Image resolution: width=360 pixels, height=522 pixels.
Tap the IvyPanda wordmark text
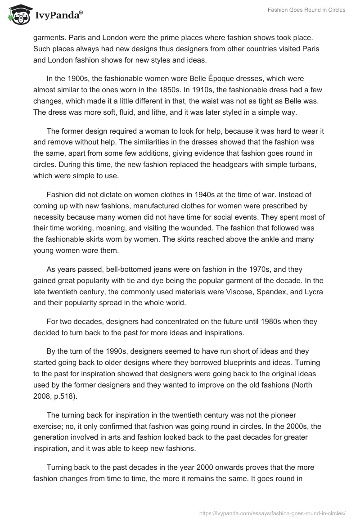click(57, 15)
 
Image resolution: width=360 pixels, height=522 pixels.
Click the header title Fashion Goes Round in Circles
click(306, 10)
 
